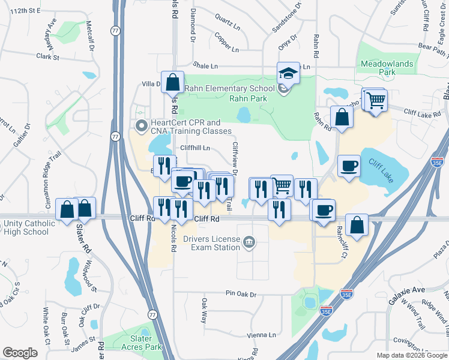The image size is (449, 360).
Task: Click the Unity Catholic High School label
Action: (28, 228)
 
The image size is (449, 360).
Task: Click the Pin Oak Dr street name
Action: (241, 294)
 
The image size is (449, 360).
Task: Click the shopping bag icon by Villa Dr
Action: (172, 83)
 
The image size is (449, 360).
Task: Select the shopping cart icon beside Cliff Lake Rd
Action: (376, 100)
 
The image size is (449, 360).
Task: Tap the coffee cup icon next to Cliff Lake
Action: (348, 166)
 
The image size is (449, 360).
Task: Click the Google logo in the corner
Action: (20, 353)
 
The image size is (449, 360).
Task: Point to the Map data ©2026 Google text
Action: (411, 355)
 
